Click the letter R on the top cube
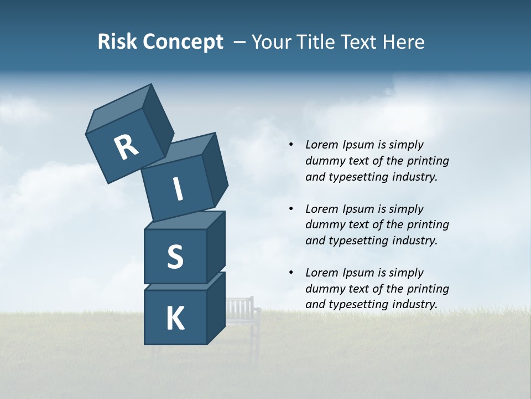point(126,148)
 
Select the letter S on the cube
point(175,257)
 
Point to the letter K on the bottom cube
point(175,319)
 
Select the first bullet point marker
point(291,145)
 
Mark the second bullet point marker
point(291,209)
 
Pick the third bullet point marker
point(291,273)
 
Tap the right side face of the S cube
point(216,247)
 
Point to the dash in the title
point(240,42)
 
